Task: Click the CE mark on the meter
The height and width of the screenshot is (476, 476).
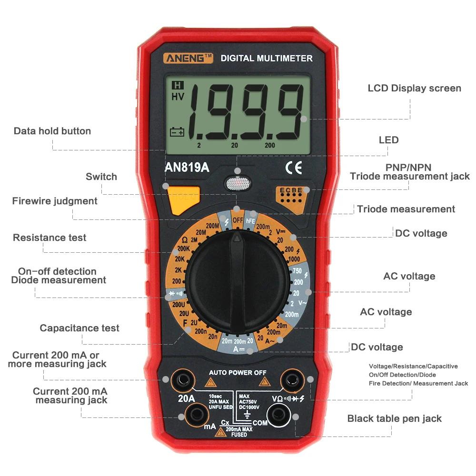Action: pos(293,168)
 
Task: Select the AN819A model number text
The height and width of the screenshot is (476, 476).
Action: pos(187,168)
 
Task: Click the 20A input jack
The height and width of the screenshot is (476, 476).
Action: pos(182,380)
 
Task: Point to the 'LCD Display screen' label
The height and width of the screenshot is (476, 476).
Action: pos(414,88)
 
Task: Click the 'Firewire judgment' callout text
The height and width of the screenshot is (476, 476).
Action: pos(55,201)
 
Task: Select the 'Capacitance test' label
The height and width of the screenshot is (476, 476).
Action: pos(79,328)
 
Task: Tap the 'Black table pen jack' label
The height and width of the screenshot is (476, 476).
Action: pos(394,419)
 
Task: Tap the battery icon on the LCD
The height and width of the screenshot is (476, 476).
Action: pos(177,132)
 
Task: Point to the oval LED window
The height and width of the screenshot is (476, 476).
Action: pos(237,183)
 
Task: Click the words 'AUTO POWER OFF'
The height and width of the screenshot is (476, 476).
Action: pos(238,372)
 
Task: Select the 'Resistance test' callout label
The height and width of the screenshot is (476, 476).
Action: pos(50,238)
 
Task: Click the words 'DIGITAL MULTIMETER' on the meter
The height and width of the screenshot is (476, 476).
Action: pos(267,58)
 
